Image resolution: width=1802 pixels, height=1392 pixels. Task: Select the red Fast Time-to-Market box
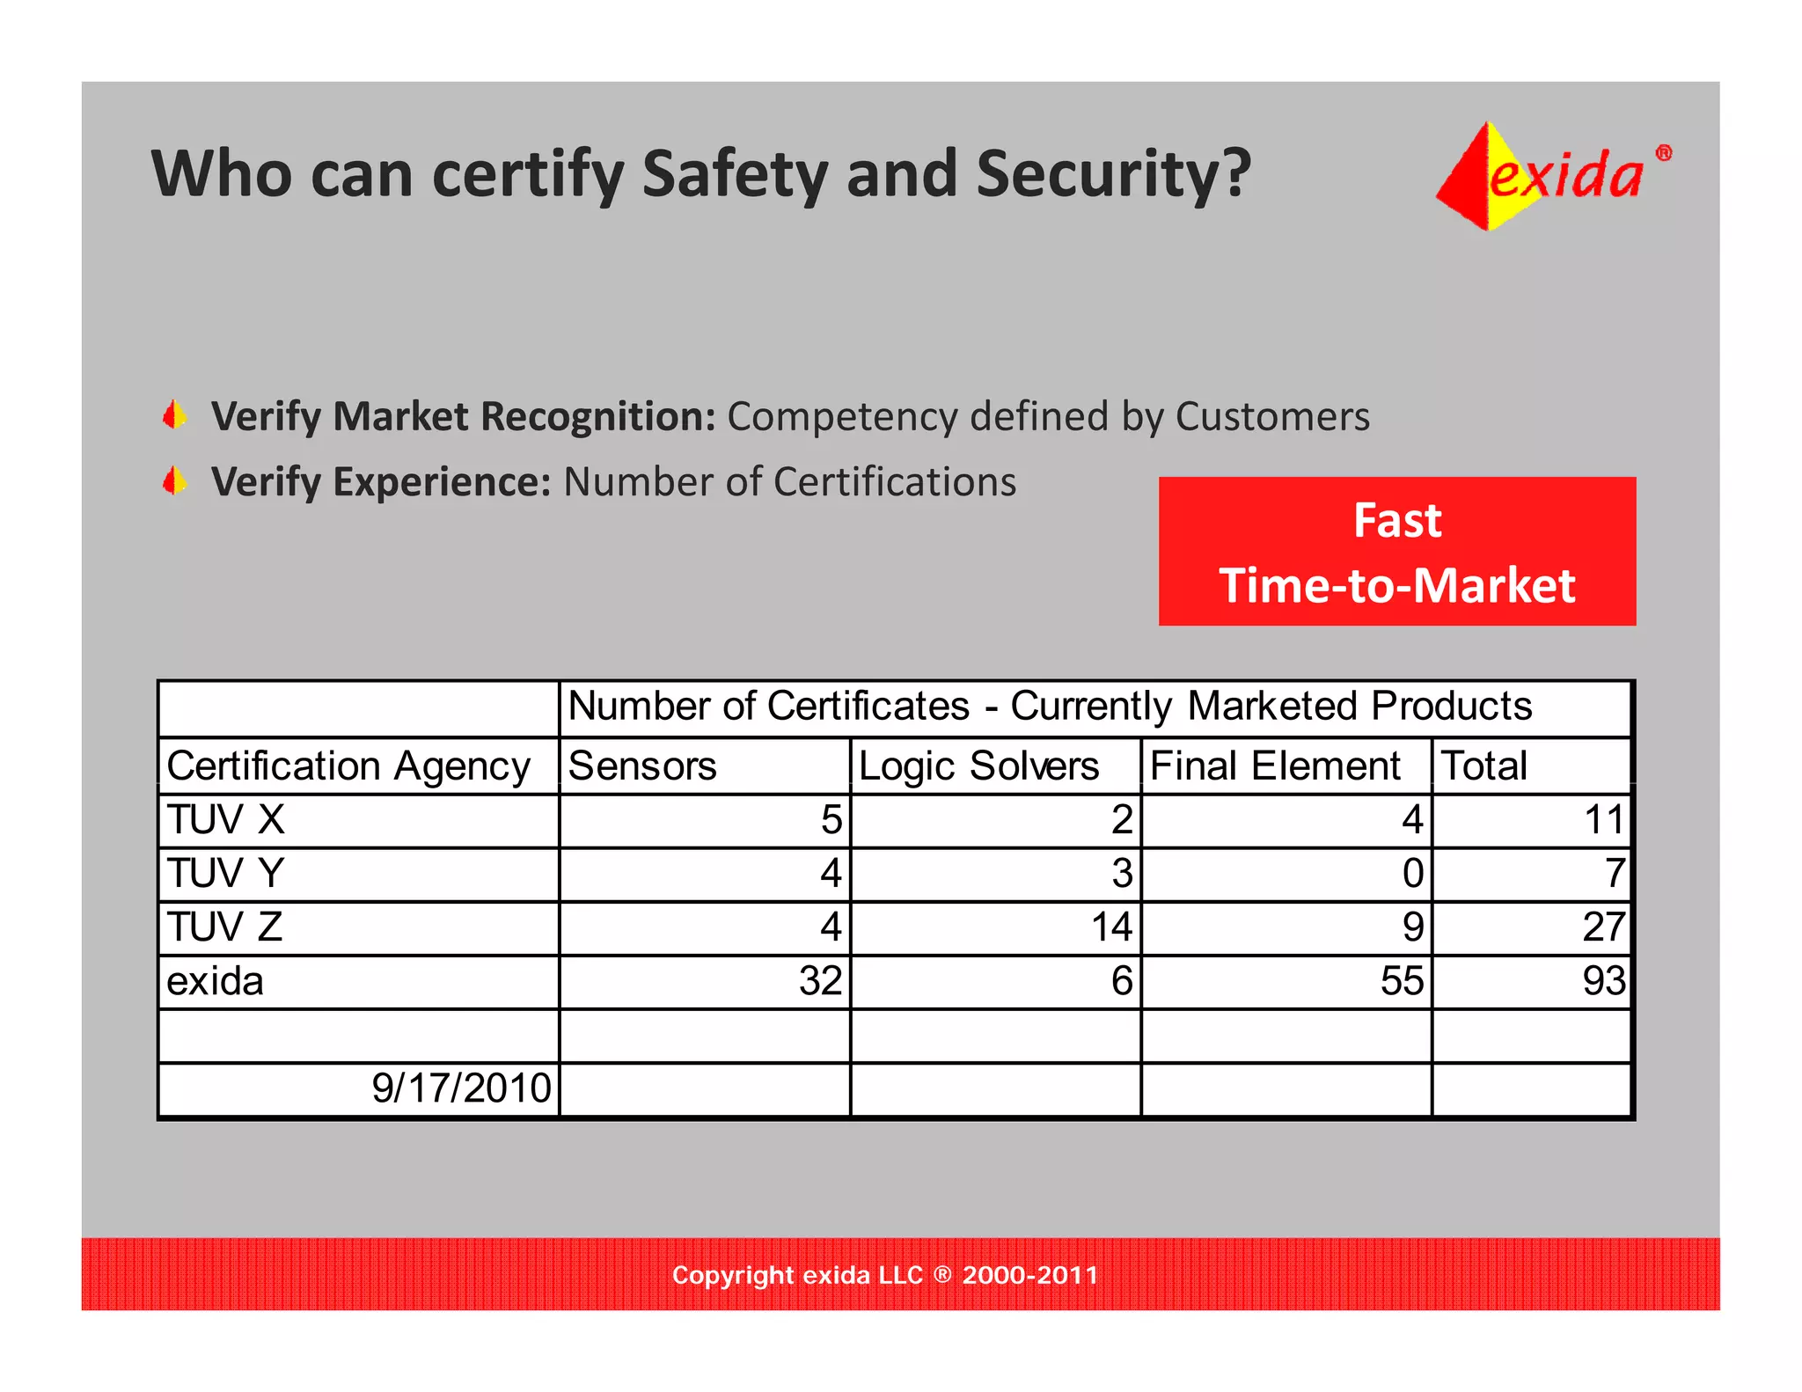pos(1396,552)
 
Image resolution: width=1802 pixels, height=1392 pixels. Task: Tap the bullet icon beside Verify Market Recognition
pos(175,415)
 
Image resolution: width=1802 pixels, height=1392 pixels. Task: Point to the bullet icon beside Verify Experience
pos(175,481)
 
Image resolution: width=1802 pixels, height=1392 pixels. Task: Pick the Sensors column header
pos(642,766)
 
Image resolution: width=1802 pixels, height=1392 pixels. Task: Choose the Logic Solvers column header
pos(978,766)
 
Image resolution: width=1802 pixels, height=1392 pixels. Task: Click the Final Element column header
pos(1275,766)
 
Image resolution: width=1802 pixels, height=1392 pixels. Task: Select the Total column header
pos(1483,766)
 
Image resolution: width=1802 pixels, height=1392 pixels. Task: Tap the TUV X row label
pos(226,820)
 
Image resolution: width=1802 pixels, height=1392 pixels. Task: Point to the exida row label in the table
pos(216,981)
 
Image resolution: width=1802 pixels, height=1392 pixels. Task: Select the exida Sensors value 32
pos(820,981)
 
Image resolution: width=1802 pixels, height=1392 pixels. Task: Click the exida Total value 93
pos(1603,981)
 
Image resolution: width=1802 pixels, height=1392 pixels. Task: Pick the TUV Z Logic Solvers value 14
pos(1111,927)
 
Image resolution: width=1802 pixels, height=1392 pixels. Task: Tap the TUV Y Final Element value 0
pos(1412,874)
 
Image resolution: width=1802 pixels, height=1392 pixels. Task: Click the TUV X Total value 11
pos(1603,820)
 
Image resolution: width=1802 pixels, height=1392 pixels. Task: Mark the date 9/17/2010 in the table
pos(461,1088)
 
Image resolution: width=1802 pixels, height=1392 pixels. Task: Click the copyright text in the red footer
pos(885,1275)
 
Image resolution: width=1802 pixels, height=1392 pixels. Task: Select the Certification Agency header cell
pos(348,766)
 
